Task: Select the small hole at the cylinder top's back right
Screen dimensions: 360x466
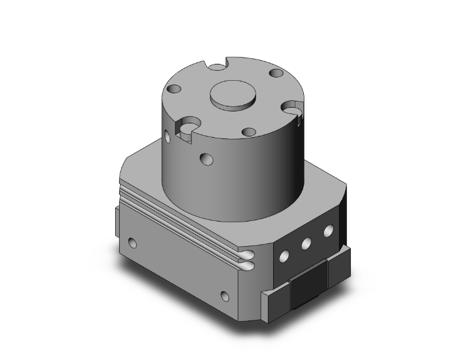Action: (276, 74)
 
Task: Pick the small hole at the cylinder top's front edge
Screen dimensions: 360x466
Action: (249, 132)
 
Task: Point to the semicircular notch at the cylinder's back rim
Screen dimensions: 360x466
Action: (217, 64)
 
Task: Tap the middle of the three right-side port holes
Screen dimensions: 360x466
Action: (307, 243)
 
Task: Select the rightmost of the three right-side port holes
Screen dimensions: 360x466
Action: (327, 232)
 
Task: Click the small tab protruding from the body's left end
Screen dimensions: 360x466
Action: (117, 219)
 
